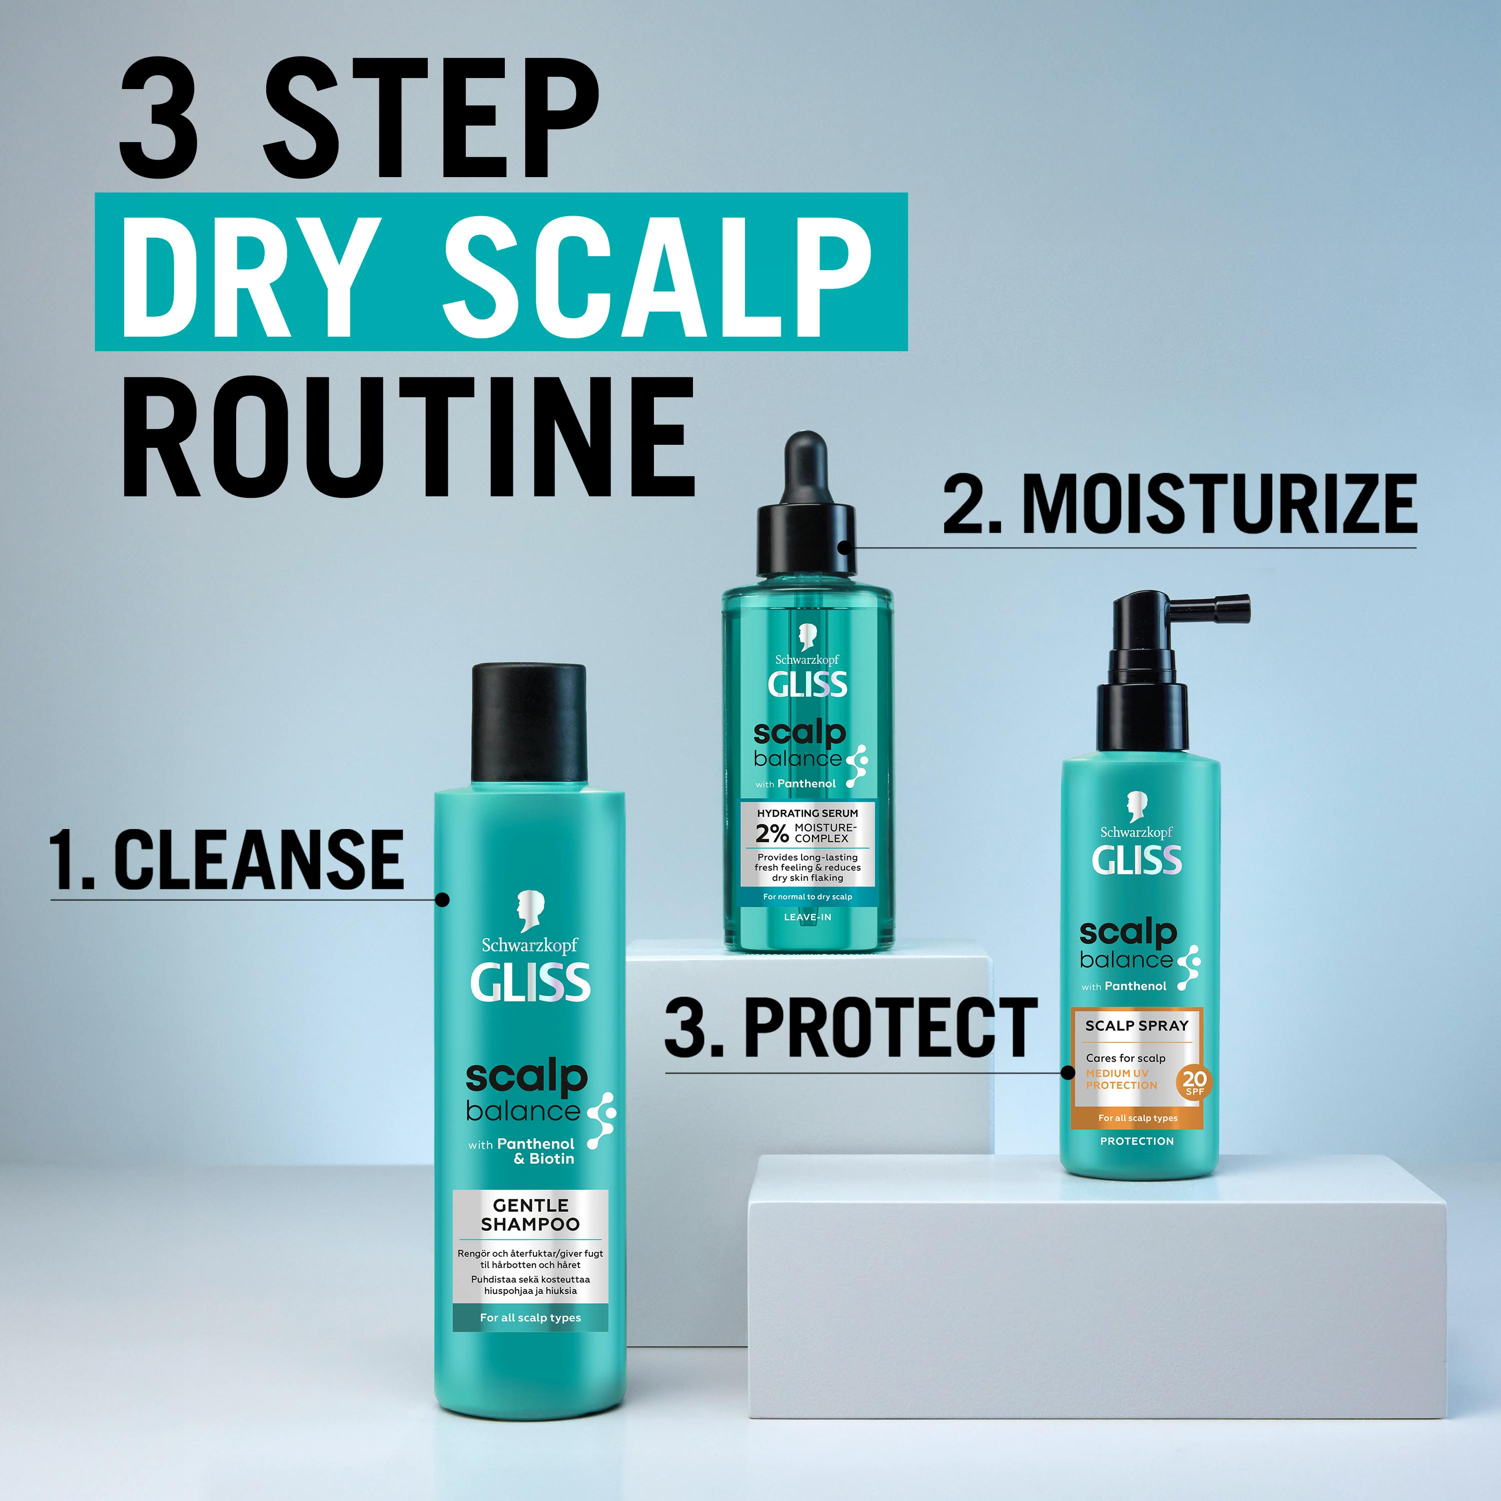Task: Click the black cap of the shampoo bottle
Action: (x=529, y=722)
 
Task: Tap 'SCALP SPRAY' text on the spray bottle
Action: (x=1137, y=1026)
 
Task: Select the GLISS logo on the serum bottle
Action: (x=807, y=684)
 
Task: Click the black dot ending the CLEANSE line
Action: (x=442, y=900)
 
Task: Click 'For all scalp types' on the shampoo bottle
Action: (x=531, y=1318)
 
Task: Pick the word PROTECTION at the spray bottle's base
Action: (x=1137, y=1141)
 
